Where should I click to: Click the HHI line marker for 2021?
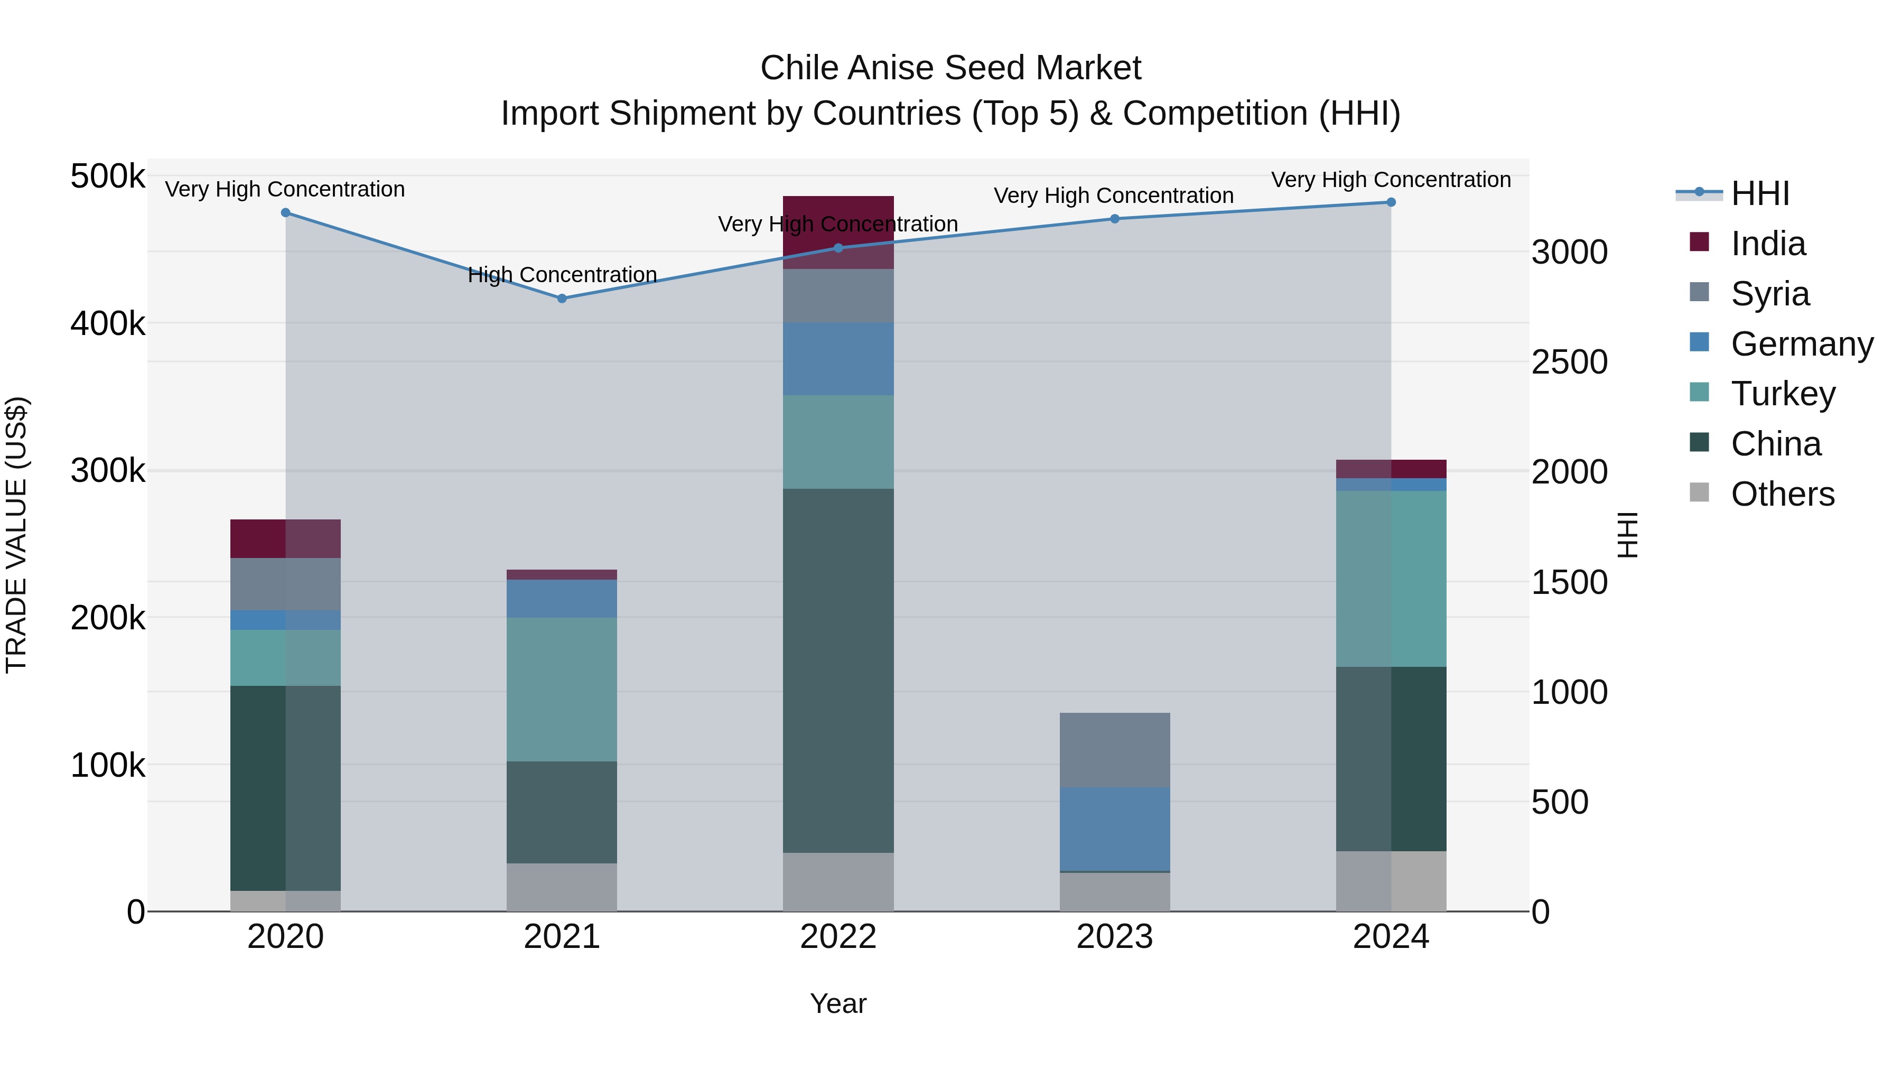tap(562, 299)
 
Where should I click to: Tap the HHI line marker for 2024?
tap(1391, 202)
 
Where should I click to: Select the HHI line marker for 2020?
tap(286, 212)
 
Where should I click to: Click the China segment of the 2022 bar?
tap(838, 671)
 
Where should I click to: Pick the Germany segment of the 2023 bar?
tap(1114, 829)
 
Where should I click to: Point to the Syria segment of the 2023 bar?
tap(1114, 749)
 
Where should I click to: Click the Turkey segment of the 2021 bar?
tap(562, 689)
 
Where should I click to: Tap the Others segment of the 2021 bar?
tap(562, 887)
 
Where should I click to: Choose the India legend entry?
tap(1768, 244)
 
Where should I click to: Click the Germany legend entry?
tap(1802, 344)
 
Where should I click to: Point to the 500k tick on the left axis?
tap(108, 176)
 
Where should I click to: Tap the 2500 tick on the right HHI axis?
tap(1569, 362)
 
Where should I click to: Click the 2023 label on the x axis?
tap(1114, 937)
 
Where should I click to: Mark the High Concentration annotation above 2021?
tap(562, 275)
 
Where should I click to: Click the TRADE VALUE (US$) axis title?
tap(16, 535)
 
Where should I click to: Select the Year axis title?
tap(838, 1003)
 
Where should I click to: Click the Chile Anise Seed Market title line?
tap(950, 68)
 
